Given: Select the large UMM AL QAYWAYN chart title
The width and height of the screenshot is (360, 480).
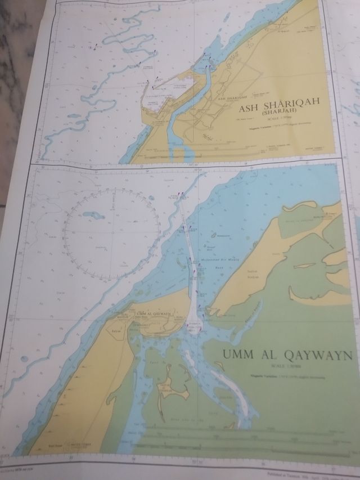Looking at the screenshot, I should pyautogui.click(x=287, y=355).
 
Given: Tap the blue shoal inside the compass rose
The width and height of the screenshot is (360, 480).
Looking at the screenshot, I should pyautogui.click(x=93, y=216).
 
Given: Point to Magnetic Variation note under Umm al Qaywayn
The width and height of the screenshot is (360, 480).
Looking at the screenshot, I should pyautogui.click(x=284, y=375).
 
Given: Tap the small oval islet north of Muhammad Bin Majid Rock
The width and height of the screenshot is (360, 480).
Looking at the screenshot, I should pyautogui.click(x=214, y=234).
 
